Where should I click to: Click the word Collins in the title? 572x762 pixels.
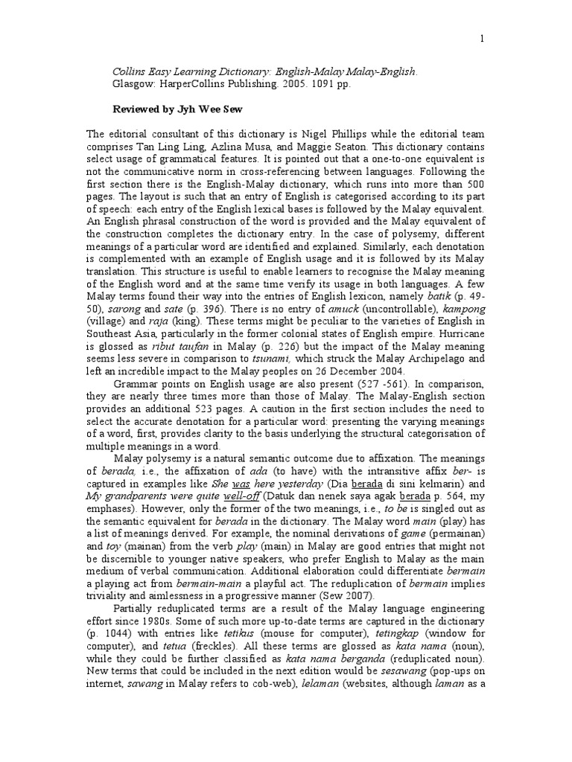[131, 72]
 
